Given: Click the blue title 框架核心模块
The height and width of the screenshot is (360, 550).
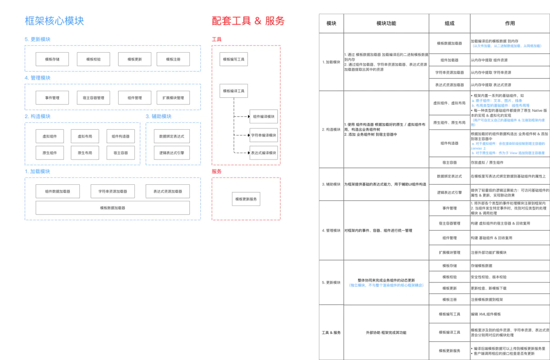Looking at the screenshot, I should tap(55, 21).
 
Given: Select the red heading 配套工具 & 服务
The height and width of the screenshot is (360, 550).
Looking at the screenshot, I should tap(248, 21).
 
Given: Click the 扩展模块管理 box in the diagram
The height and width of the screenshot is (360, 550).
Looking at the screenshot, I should tap(173, 98).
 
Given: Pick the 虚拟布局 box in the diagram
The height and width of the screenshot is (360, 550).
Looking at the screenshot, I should tap(85, 136).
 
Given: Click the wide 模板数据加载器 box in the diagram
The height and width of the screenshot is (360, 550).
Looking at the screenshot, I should tap(113, 208).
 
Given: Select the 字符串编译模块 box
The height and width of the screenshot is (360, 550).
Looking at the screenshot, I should tap(264, 135).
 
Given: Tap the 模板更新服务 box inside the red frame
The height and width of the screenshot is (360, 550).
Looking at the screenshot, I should tap(247, 199).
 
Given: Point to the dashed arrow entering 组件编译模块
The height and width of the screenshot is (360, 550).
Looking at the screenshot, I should tap(242, 117).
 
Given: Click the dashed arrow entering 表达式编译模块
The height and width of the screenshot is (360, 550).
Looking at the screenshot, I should tap(242, 153).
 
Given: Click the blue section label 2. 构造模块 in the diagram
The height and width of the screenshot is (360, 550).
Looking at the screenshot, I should tap(38, 116).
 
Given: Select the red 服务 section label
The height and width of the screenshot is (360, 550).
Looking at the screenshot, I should tap(217, 172).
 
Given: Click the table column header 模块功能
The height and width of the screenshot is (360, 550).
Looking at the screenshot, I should tap(386, 23).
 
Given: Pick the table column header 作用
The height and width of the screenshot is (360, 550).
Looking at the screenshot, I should tap(510, 23).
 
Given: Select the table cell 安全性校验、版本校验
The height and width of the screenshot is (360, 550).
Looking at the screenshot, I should tap(489, 277).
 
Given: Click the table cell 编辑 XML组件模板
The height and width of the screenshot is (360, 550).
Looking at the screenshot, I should tap(486, 314).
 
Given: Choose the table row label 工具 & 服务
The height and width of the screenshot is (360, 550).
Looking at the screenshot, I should tap(331, 332).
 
